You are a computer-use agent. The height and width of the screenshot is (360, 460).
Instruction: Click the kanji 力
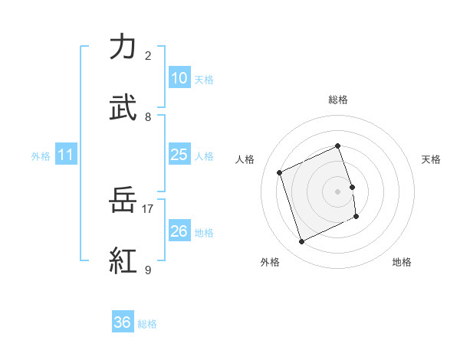click(123, 47)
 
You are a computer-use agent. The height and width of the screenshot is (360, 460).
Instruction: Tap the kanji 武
click(123, 108)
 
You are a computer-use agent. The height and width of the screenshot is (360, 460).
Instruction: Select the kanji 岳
click(123, 200)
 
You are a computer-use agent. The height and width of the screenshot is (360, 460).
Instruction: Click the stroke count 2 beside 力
click(148, 56)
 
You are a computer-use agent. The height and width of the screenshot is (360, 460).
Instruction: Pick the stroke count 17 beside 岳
click(148, 208)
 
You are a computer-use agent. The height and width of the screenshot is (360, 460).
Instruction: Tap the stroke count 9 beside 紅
click(148, 270)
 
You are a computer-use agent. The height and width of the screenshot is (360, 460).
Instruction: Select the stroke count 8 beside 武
click(148, 117)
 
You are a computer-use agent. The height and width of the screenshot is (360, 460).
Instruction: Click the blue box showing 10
click(179, 77)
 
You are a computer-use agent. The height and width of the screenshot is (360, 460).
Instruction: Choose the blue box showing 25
click(179, 155)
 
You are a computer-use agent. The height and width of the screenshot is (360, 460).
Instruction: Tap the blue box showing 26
click(179, 231)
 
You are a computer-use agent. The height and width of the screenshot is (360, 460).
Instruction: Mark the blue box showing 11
click(66, 155)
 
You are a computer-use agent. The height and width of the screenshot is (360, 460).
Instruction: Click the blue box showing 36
click(123, 322)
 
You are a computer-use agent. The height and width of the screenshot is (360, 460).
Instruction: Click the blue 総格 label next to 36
click(147, 324)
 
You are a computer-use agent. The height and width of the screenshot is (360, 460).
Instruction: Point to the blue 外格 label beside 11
click(41, 156)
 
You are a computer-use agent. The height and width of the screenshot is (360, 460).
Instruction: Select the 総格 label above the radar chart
click(338, 100)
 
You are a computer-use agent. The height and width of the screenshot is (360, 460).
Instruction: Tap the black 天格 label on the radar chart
click(431, 159)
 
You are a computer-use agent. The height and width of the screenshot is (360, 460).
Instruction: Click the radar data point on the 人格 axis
click(280, 172)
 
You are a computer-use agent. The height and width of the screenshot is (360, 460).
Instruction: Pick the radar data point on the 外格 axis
click(302, 242)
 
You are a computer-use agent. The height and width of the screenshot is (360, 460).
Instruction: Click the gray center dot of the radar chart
click(338, 191)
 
